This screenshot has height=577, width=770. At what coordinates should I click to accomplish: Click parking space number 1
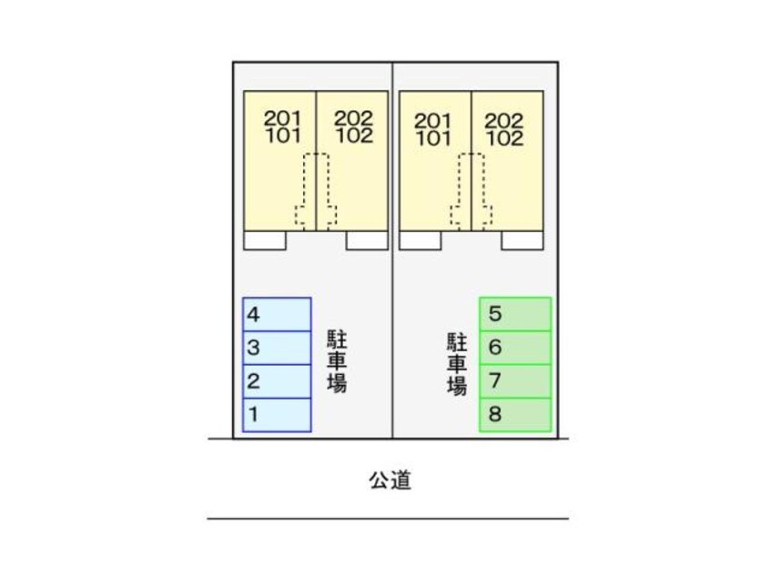(x=277, y=415)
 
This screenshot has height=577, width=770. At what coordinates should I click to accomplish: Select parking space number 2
(x=277, y=381)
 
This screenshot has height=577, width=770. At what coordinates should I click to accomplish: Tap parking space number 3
(x=277, y=348)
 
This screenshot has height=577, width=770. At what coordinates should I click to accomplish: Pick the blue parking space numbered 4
(x=277, y=315)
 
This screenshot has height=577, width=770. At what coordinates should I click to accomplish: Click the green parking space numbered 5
(x=515, y=315)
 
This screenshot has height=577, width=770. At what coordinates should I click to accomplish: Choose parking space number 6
(x=515, y=348)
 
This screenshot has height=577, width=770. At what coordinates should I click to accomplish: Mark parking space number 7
(x=515, y=381)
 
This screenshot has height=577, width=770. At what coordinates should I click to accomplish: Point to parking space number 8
(x=515, y=415)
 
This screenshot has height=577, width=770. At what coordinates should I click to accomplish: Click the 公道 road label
(x=390, y=481)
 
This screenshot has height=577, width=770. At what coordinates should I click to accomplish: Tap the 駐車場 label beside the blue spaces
(x=337, y=362)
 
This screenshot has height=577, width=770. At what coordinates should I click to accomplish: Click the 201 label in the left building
(x=281, y=118)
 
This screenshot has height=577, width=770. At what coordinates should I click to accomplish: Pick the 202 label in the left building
(x=352, y=118)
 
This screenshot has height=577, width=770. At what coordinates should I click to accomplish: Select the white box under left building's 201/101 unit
(x=265, y=241)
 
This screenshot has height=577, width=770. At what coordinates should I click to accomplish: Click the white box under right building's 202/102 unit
(x=522, y=241)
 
